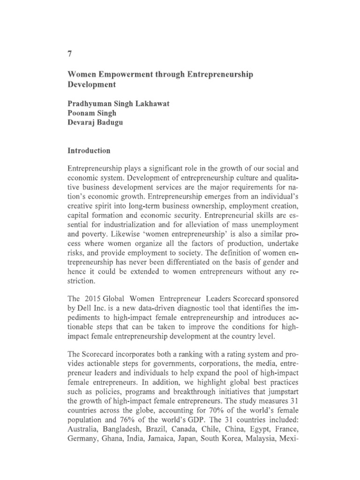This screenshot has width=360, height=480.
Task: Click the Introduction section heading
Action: pos(89,151)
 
